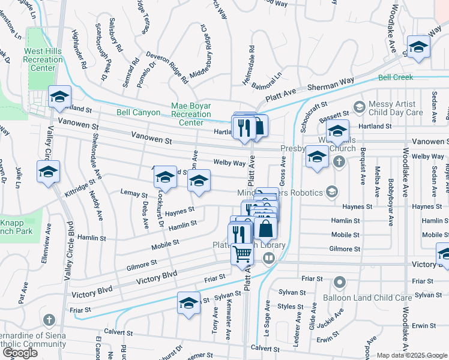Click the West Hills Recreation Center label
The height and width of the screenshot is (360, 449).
tap(43, 59)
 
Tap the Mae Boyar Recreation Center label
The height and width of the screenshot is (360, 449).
tap(191, 114)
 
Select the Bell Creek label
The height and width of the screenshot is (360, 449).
tap(396, 77)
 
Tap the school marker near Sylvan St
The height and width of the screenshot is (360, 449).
tap(188, 303)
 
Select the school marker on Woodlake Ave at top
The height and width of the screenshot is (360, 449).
tap(418, 47)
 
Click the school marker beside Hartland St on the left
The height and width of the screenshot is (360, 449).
tap(60, 97)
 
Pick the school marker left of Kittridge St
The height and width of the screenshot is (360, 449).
tap(48, 172)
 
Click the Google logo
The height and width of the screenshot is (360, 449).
tap(20, 353)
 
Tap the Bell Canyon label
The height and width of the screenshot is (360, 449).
tap(138, 112)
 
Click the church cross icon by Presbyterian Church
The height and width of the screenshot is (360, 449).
tap(339, 161)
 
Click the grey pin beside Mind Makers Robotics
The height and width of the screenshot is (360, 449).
tap(331, 192)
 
